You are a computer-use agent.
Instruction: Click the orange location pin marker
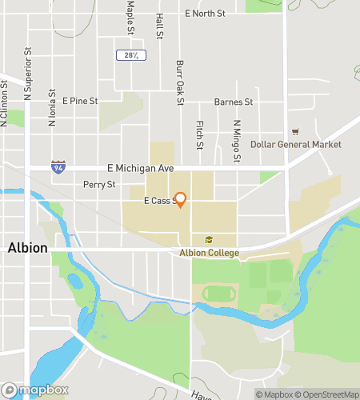[x=180, y=199]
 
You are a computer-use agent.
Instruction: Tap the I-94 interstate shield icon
[x=58, y=167]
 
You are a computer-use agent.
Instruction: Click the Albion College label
[x=209, y=253]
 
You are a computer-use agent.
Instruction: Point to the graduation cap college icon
[x=209, y=240]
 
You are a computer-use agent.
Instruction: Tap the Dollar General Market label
[x=295, y=144]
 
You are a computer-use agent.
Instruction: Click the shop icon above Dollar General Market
[x=295, y=131]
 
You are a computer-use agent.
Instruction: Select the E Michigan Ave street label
[x=140, y=168]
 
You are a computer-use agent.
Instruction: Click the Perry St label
[x=99, y=184]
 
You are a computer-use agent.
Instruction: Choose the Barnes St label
[x=233, y=102]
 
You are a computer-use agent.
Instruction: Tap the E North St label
[x=205, y=14]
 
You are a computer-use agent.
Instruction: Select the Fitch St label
[x=198, y=134]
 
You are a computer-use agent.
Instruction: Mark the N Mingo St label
[x=237, y=140]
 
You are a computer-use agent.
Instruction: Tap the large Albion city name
[x=27, y=248]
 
